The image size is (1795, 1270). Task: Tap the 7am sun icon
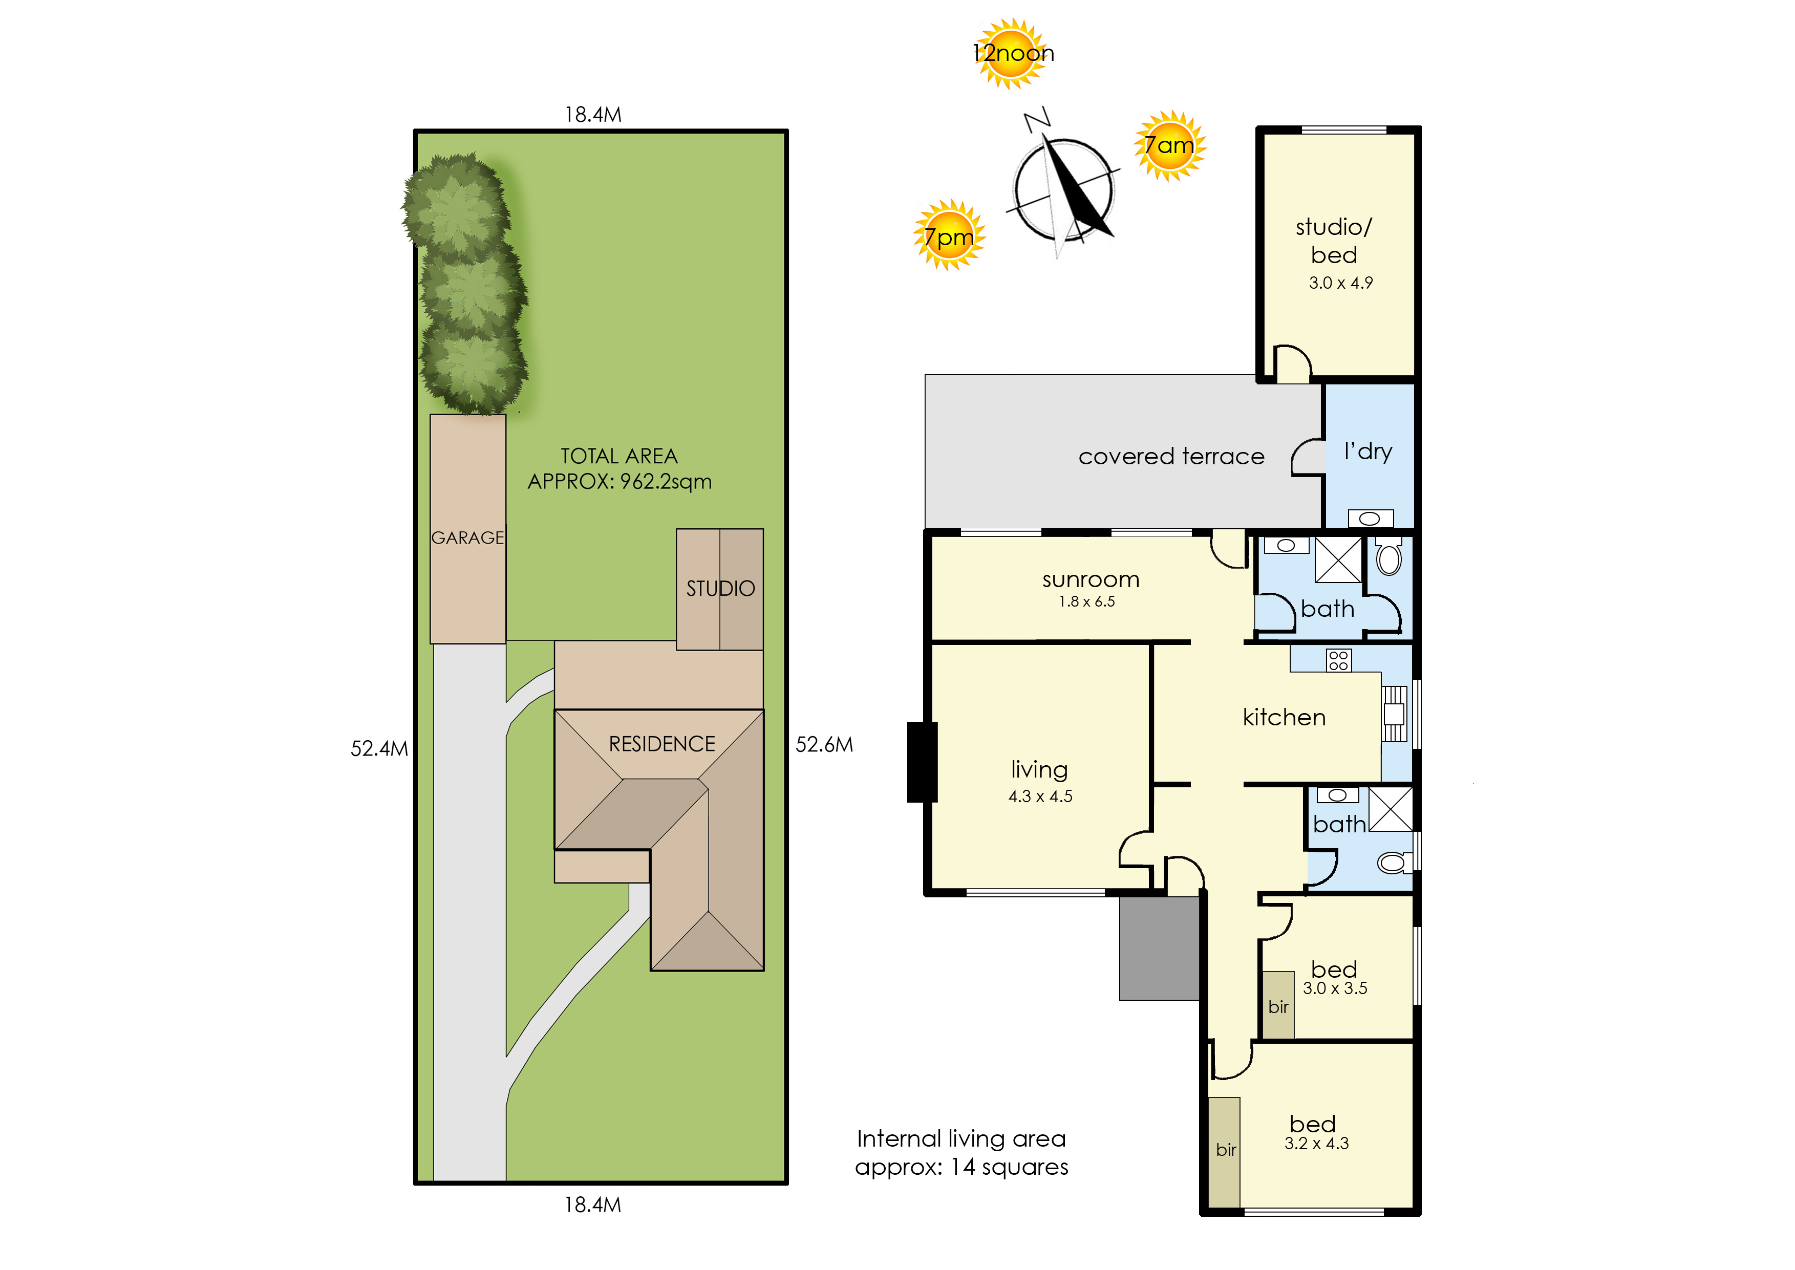[x=1169, y=145]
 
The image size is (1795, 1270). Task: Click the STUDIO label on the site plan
[x=720, y=588]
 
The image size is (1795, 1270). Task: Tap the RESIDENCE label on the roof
[x=661, y=744]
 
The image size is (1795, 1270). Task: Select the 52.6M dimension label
[x=824, y=744]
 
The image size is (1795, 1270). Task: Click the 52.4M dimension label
[x=379, y=748]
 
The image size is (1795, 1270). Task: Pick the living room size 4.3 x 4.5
[x=1040, y=796]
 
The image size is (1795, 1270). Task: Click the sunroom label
[x=1091, y=579]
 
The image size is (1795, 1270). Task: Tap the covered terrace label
[x=1171, y=456]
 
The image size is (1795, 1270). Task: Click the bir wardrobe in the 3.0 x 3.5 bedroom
[x=1278, y=1005]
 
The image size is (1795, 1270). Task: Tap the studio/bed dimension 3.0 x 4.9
[x=1340, y=283]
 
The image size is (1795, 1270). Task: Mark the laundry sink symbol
[x=1370, y=519]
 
